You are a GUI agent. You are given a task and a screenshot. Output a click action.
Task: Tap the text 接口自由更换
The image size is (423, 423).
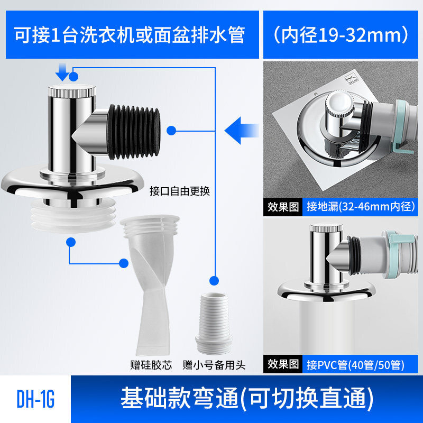pos(180,191)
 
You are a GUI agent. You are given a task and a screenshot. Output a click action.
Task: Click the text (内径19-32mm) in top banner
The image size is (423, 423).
pos(342,35)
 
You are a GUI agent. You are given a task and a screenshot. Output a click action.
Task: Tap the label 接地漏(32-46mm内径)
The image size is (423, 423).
pos(360,206)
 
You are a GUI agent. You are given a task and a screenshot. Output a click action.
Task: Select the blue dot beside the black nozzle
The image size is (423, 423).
pos(171,130)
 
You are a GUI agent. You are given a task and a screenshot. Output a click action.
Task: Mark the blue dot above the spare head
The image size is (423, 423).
pos(215,281)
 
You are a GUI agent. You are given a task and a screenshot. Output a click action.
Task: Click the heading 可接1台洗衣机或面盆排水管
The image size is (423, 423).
pos(130,35)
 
